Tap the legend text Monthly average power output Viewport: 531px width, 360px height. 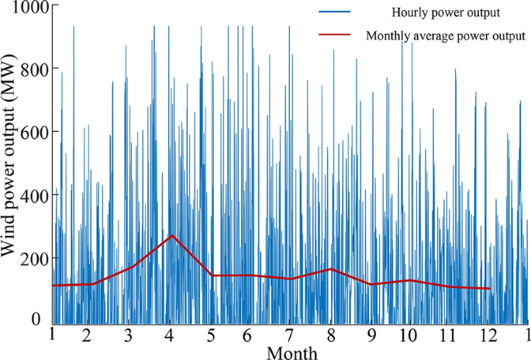pos(448,36)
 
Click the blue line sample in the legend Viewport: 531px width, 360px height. pos(335,12)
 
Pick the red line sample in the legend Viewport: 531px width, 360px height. pos(335,36)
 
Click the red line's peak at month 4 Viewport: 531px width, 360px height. pos(172,235)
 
